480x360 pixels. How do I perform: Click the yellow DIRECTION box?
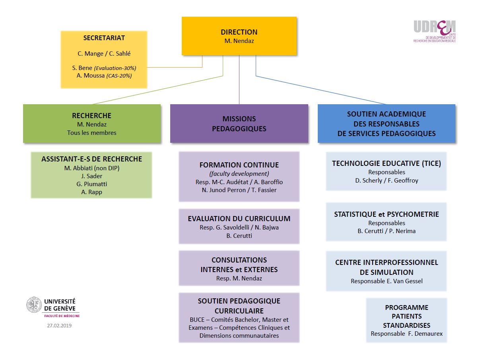click(x=239, y=36)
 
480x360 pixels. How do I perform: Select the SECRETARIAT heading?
click(x=104, y=38)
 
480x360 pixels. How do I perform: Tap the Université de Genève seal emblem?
click(x=34, y=304)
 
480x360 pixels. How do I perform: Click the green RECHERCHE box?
click(x=92, y=123)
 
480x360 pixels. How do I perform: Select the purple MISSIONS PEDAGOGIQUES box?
click(x=239, y=123)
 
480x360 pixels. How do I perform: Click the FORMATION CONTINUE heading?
click(x=239, y=165)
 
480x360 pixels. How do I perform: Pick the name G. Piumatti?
click(x=91, y=184)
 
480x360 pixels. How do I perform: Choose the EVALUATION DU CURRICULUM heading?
click(x=239, y=219)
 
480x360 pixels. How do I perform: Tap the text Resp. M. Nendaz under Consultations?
click(x=239, y=278)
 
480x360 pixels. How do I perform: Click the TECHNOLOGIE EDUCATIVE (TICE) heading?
click(x=386, y=163)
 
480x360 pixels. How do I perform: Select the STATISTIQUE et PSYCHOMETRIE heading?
click(x=386, y=214)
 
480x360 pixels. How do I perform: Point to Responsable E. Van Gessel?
click(x=386, y=281)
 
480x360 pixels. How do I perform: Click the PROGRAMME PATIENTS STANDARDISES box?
click(x=406, y=320)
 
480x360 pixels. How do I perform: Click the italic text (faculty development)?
click(x=239, y=173)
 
